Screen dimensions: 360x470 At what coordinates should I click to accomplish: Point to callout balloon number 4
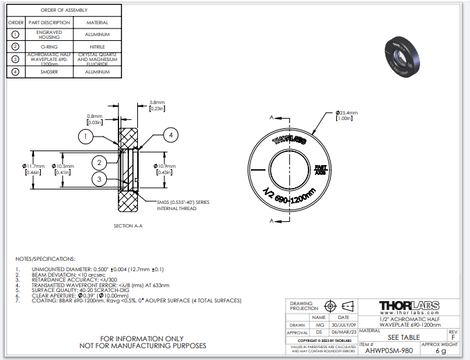click(x=171, y=135)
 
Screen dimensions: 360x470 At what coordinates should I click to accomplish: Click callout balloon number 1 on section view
click(x=85, y=136)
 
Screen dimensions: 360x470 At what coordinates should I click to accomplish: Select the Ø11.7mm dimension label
click(x=33, y=169)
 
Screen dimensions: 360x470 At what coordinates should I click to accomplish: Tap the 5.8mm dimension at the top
click(x=156, y=105)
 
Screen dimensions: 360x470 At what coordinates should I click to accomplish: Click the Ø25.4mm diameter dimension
click(x=345, y=114)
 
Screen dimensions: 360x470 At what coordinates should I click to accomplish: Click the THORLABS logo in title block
click(x=406, y=306)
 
